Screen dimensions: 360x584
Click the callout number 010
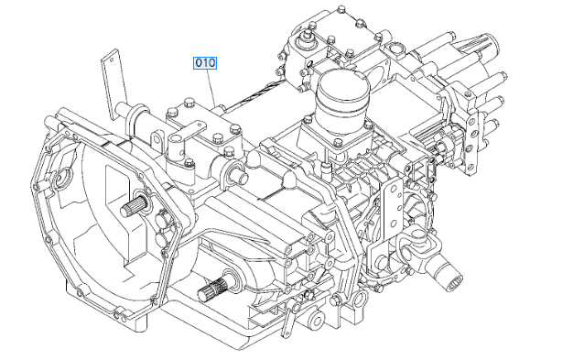click(x=203, y=63)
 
